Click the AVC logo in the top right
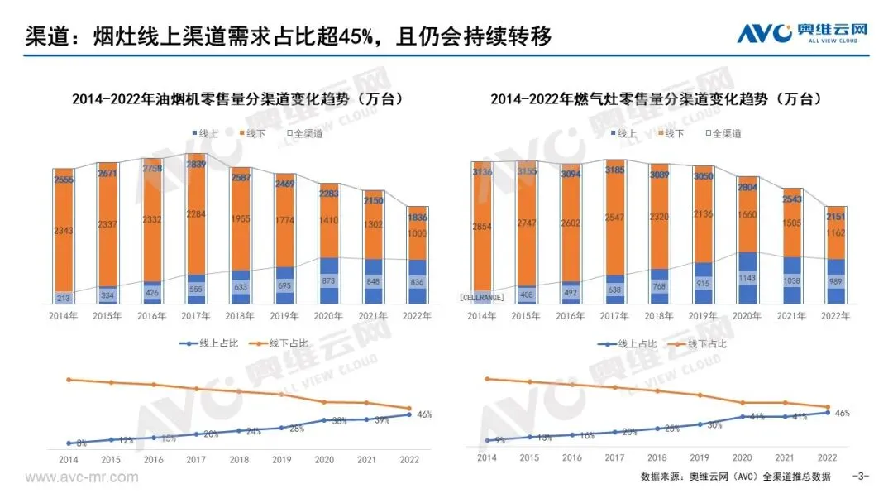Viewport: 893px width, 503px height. (x=803, y=33)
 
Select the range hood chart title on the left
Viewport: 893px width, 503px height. (x=237, y=98)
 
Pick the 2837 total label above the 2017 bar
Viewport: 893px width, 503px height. (x=196, y=164)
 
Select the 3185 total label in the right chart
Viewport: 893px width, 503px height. (x=614, y=171)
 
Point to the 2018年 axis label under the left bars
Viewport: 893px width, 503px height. (x=240, y=316)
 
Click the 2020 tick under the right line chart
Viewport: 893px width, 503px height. (x=743, y=457)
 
